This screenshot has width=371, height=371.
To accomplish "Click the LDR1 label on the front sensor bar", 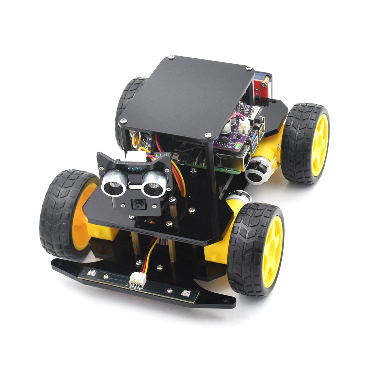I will point(92,273).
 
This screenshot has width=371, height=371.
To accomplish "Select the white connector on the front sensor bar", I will point(137,280).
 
